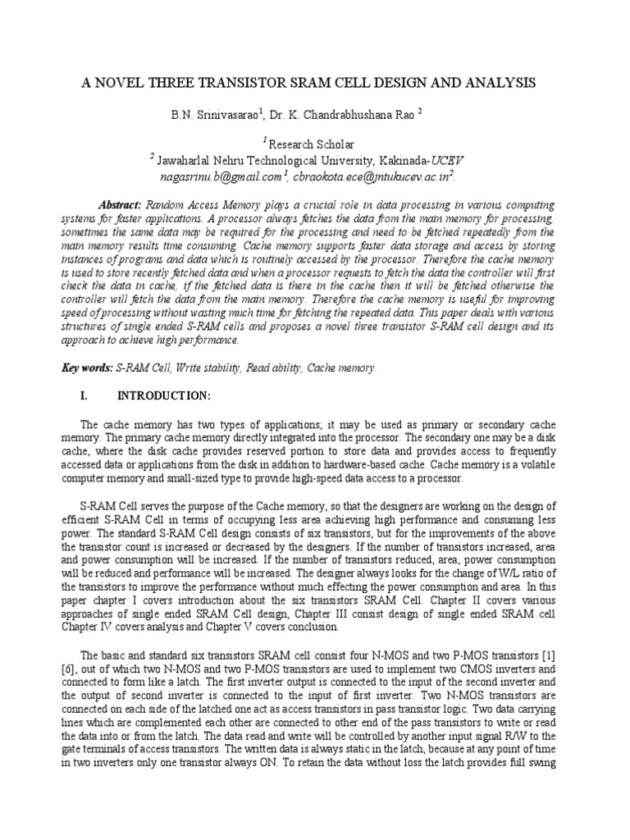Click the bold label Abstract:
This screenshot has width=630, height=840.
point(121,204)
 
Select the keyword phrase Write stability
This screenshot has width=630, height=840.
point(212,368)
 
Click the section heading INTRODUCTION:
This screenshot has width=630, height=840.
point(164,395)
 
